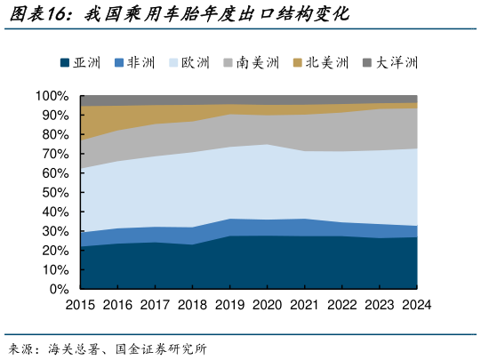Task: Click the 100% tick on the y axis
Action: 52,96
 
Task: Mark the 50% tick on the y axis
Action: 55,193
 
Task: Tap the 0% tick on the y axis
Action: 59,290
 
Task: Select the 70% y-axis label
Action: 55,154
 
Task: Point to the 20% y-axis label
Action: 55,251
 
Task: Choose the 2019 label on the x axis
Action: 229,305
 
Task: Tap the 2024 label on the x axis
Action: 415,305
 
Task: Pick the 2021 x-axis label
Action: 304,305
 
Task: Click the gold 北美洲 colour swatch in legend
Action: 298,63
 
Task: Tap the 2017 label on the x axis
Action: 155,305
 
